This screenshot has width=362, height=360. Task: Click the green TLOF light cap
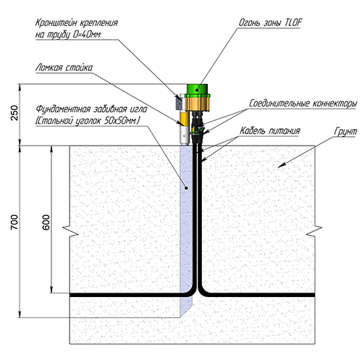click(197, 89)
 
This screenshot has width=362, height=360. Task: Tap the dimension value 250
click(14, 113)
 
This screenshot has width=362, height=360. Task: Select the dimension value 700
click(14, 222)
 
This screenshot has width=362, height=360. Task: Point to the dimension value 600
click(46, 222)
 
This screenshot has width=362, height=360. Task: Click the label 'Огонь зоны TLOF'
click(270, 22)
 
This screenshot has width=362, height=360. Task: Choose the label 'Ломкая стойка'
click(64, 67)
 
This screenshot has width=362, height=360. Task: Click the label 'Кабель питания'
click(270, 130)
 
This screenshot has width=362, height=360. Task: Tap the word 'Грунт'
click(345, 132)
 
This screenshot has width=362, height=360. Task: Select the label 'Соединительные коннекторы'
click(303, 104)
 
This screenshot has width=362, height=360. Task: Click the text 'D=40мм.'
click(87, 35)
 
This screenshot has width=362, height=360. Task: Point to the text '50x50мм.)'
click(122, 120)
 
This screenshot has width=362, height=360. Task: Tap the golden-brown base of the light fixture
click(198, 103)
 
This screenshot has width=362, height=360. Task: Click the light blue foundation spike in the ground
click(186, 230)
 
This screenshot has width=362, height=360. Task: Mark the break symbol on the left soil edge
click(70, 231)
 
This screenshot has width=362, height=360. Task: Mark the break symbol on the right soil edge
click(314, 231)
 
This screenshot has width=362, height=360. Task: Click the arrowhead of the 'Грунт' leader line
click(281, 165)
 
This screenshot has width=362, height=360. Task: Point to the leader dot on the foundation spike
click(186, 188)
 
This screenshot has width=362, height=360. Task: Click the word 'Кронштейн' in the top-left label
click(56, 22)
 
